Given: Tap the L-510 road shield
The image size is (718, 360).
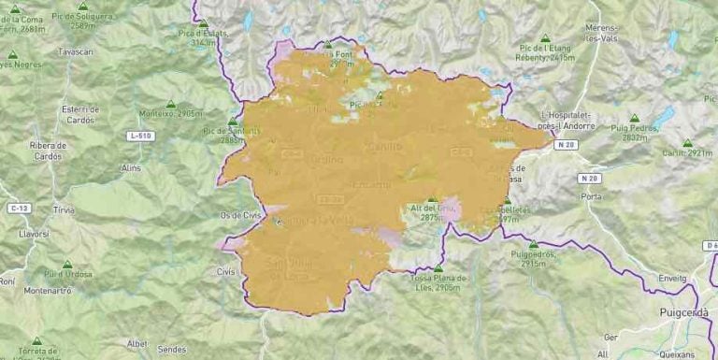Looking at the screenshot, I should [x=140, y=137].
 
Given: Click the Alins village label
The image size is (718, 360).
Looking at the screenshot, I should [x=131, y=167].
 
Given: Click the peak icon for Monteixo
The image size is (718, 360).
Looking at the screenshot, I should [x=171, y=104].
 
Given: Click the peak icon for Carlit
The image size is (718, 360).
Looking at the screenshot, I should [x=687, y=144].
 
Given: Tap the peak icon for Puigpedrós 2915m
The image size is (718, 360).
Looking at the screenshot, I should [x=533, y=245].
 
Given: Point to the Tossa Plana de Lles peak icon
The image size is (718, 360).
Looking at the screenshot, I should [x=438, y=268].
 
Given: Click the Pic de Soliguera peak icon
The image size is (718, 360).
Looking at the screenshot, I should [x=83, y=6].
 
